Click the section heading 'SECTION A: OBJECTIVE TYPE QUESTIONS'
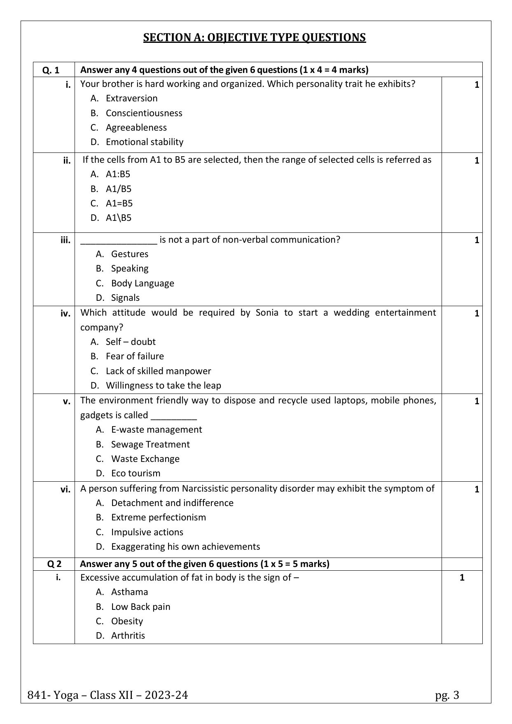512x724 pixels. pyautogui.click(x=254, y=37)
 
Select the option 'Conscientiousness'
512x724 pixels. pyautogui.click(x=144, y=113)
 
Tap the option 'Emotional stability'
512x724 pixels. pyautogui.click(x=144, y=142)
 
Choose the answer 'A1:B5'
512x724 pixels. pyautogui.click(x=118, y=174)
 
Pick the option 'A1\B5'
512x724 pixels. pyautogui.click(x=118, y=218)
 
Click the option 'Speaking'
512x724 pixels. pyautogui.click(x=129, y=269)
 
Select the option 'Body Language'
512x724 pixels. pyautogui.click(x=142, y=284)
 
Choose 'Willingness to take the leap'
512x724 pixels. pyautogui.click(x=163, y=386)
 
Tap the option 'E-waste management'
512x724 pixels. pyautogui.click(x=156, y=430)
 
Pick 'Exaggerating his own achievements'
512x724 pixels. pyautogui.click(x=185, y=547)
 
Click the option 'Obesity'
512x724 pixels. pyautogui.click(x=127, y=621)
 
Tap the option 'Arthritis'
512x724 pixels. pyautogui.click(x=128, y=636)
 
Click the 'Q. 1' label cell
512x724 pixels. pyautogui.click(x=51, y=70)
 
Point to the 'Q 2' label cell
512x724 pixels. pyautogui.click(x=54, y=564)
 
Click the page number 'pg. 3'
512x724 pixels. pyautogui.click(x=447, y=696)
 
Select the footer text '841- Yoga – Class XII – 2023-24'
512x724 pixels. pyautogui.click(x=108, y=696)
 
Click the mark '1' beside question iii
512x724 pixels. pyautogui.click(x=477, y=240)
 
